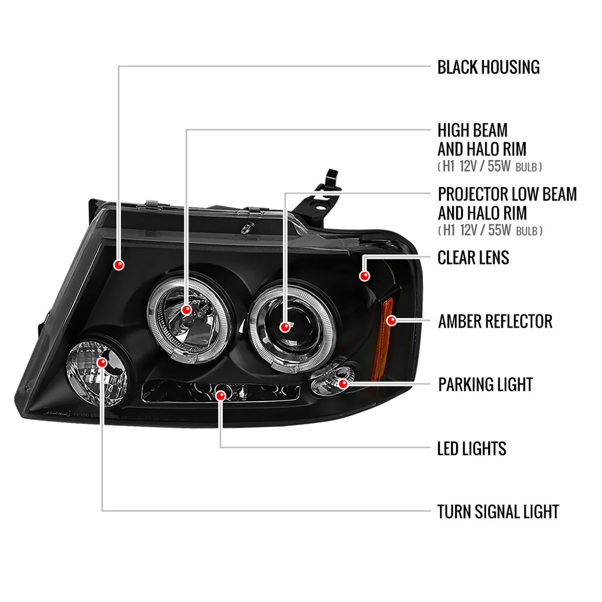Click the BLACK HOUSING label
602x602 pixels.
488,67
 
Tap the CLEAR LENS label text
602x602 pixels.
473,258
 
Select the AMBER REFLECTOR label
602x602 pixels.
495,321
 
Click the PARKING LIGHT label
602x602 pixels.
485,384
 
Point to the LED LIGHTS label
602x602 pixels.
472,448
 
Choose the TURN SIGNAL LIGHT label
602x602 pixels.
498,512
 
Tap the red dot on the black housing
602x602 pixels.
119,265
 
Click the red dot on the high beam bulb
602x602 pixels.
186,310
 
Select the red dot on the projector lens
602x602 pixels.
285,327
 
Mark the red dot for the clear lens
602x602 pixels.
364,276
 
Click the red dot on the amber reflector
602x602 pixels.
391,321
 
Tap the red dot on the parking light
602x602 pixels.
343,384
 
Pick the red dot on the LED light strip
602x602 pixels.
220,396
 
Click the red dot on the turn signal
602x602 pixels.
102,363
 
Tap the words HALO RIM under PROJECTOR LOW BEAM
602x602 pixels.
501,213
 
